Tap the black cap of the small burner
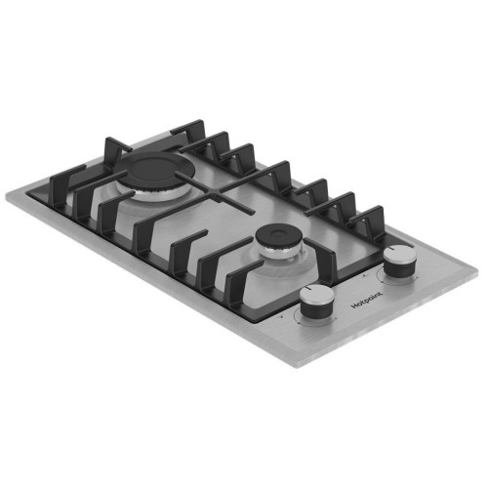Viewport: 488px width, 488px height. pyautogui.click(x=279, y=238)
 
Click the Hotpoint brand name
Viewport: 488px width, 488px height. pyautogui.click(x=368, y=300)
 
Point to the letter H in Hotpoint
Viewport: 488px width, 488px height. pyautogui.click(x=355, y=306)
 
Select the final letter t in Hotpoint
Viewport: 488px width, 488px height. pyautogui.click(x=381, y=294)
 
